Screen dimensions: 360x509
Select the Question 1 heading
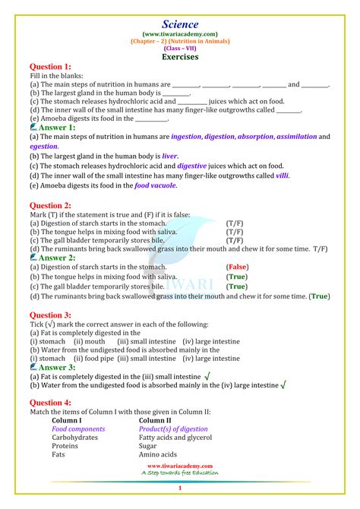(50, 67)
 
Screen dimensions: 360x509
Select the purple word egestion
(44, 146)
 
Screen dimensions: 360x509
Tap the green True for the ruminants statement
(321, 296)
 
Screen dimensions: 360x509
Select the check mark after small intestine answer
(207, 376)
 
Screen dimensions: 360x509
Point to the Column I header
(67, 420)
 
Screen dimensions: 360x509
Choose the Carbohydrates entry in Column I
(74, 438)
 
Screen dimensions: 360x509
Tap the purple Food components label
(78, 428)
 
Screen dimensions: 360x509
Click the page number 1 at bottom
(180, 488)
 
